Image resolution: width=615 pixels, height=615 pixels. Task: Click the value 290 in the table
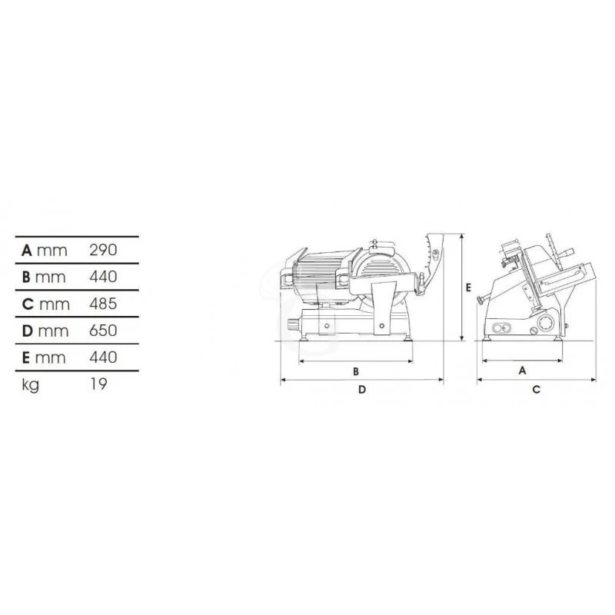click(102, 250)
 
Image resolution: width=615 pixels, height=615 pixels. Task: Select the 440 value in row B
click(102, 277)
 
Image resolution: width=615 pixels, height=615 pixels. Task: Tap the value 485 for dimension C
click(102, 304)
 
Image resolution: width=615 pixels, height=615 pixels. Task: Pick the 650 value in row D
click(102, 331)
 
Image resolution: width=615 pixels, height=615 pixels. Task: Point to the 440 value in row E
click(102, 357)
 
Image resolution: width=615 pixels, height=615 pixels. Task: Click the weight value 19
click(97, 384)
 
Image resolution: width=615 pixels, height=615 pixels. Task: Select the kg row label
click(31, 384)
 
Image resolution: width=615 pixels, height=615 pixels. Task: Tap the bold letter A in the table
click(27, 250)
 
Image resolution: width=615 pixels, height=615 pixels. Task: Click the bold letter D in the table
click(28, 331)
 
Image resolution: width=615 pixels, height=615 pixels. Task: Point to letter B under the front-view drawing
click(356, 371)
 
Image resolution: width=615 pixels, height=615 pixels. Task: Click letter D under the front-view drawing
click(361, 390)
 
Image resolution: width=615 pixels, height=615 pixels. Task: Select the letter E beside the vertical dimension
click(468, 287)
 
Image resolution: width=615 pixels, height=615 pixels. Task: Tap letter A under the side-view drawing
click(522, 370)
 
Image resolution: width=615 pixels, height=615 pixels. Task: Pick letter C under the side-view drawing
click(537, 390)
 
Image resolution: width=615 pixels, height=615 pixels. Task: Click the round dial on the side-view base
click(545, 323)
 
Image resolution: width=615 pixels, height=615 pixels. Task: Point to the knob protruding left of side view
click(481, 300)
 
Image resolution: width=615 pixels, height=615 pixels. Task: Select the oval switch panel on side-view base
click(500, 329)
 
